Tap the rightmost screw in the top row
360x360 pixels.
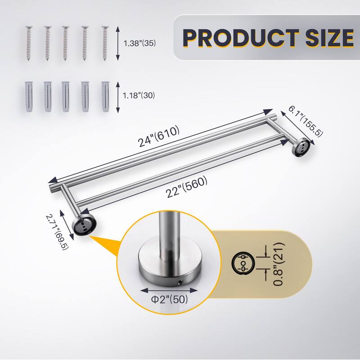105,44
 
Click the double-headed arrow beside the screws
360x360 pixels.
118,44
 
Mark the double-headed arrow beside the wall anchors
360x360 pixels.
118,97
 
